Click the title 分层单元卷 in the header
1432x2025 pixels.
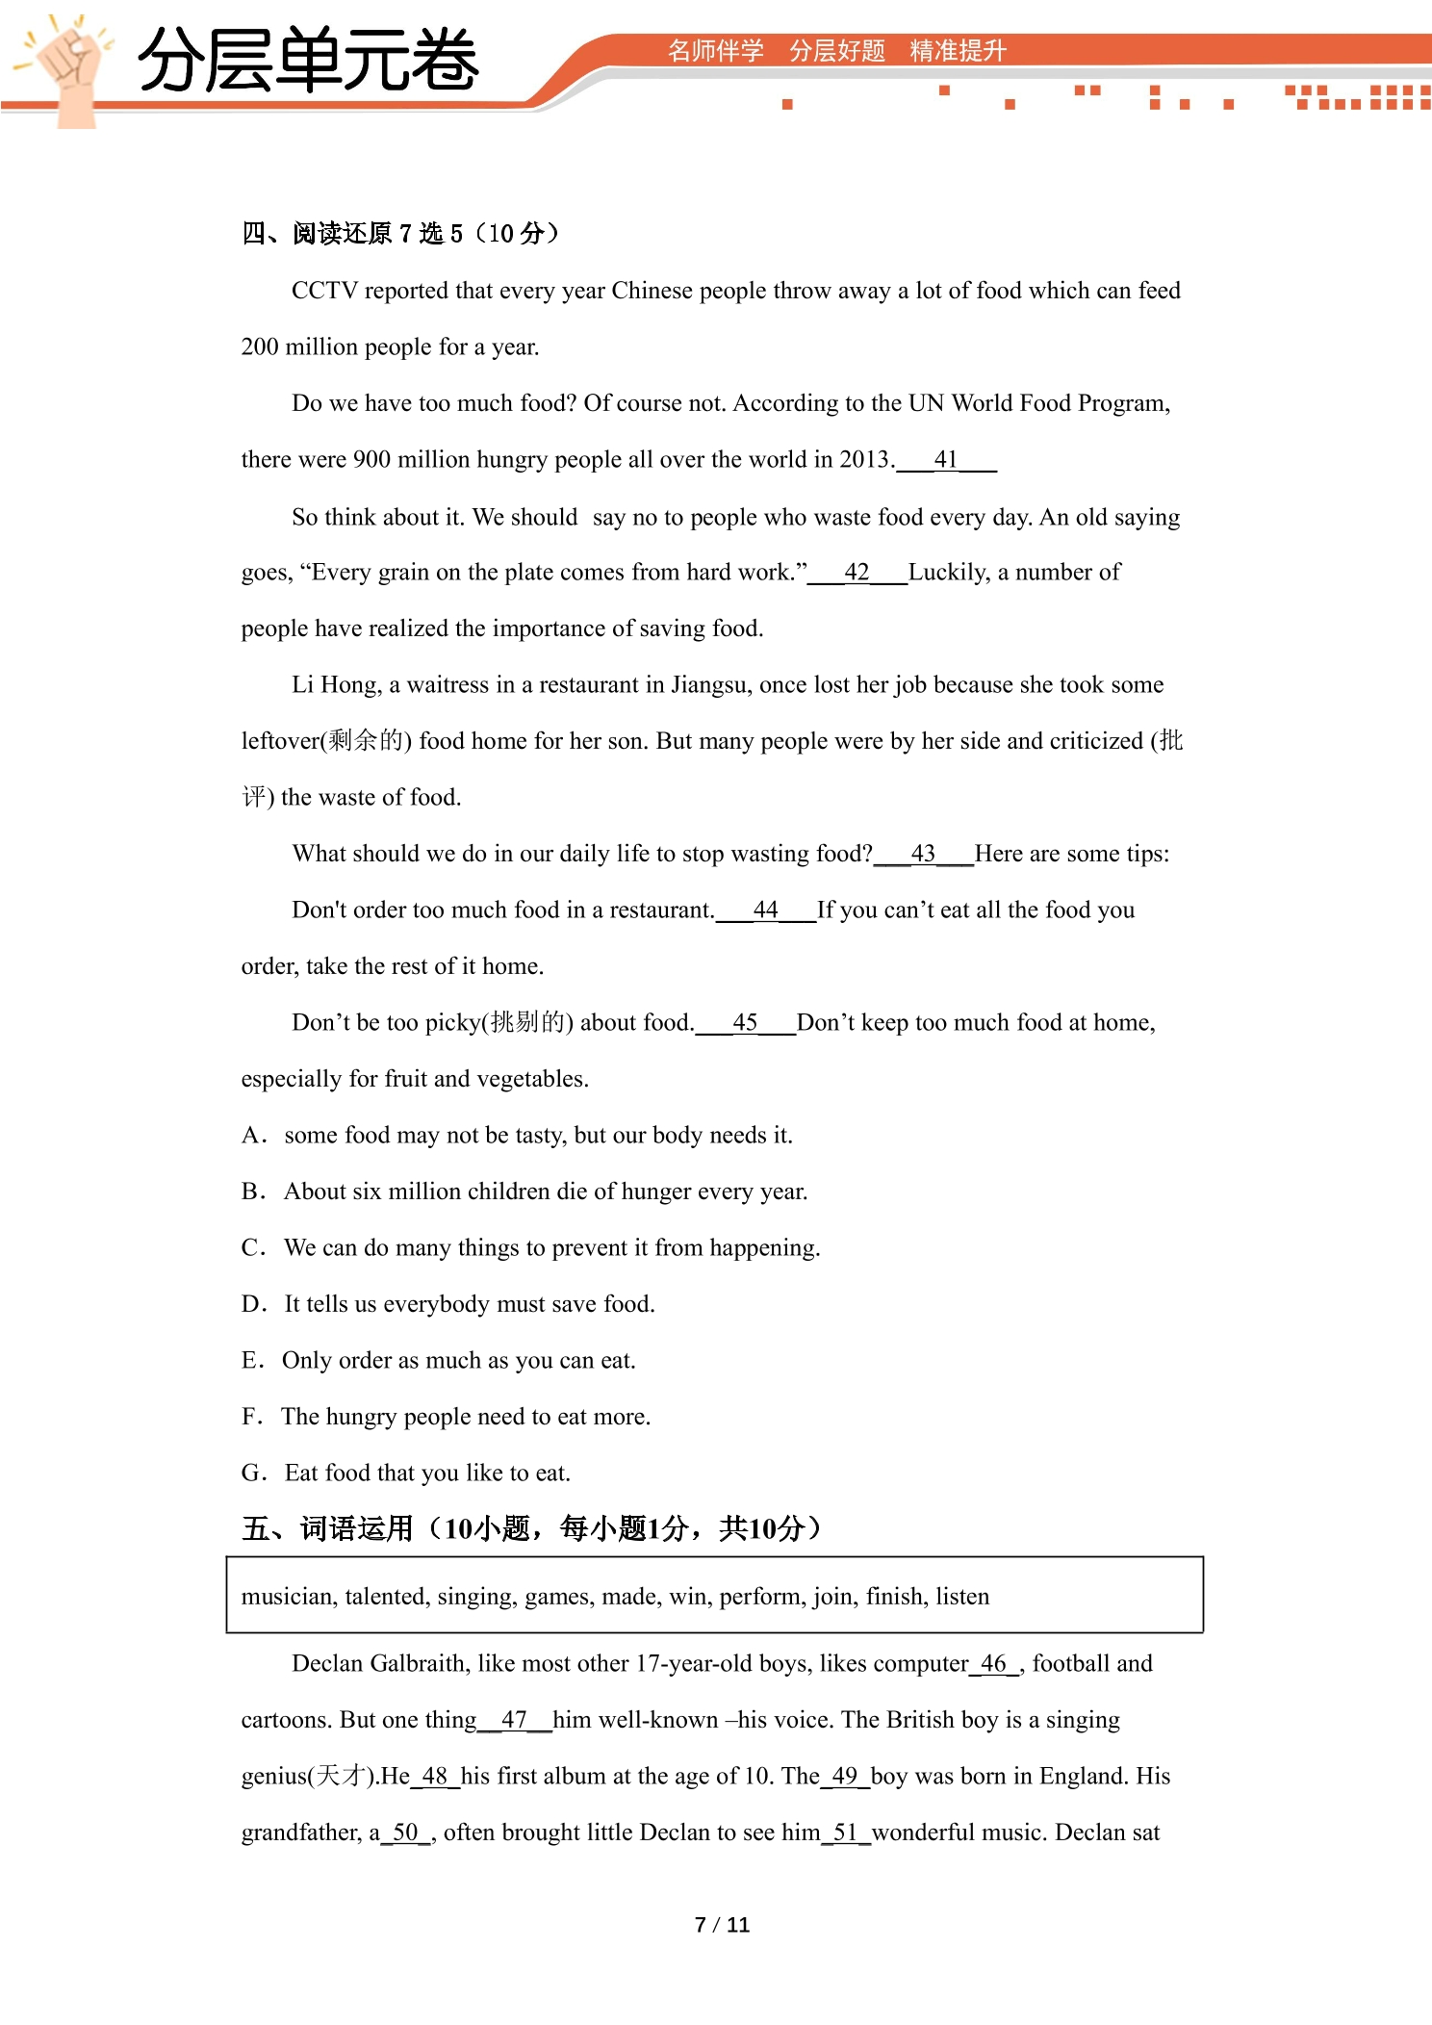(308, 61)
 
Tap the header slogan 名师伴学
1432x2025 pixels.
(715, 51)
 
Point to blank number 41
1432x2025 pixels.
(946, 460)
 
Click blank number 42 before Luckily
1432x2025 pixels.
(857, 573)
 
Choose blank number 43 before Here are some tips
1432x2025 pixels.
(923, 854)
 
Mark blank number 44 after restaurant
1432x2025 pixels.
(765, 910)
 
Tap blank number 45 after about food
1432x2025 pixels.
(745, 1023)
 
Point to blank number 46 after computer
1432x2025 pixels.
(993, 1664)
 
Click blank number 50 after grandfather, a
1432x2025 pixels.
(405, 1833)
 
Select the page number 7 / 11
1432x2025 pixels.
(722, 1925)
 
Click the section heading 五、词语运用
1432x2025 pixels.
(327, 1528)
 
